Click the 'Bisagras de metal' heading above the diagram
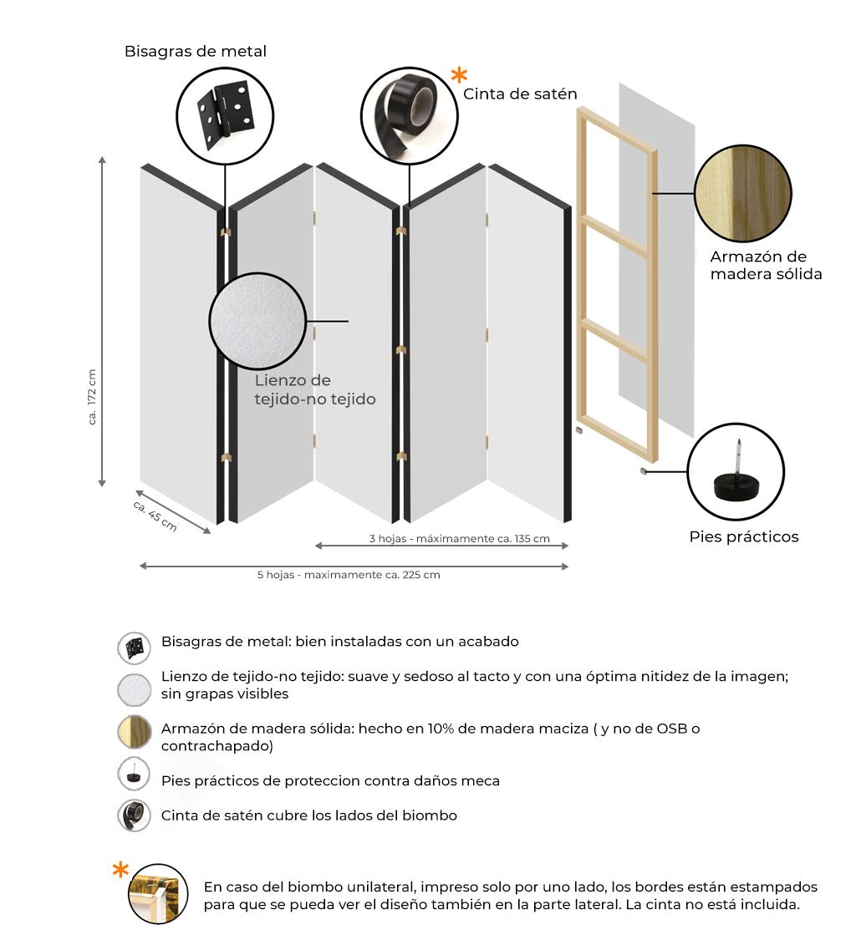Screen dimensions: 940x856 (196, 51)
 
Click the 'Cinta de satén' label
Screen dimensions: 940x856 (520, 94)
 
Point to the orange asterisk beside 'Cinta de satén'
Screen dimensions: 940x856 (459, 76)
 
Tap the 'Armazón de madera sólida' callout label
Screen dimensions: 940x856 (766, 265)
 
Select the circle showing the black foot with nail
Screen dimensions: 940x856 (736, 471)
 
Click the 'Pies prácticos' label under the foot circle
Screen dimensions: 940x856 (743, 536)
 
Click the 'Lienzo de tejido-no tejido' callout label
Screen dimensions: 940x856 (314, 389)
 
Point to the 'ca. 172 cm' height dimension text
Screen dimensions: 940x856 (92, 397)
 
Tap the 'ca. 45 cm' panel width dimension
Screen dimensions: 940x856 (155, 515)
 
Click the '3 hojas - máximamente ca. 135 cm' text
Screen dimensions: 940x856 (459, 538)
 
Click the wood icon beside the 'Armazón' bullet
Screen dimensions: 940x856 (134, 732)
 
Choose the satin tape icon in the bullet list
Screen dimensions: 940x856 (134, 815)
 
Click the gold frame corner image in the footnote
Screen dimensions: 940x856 (157, 893)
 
